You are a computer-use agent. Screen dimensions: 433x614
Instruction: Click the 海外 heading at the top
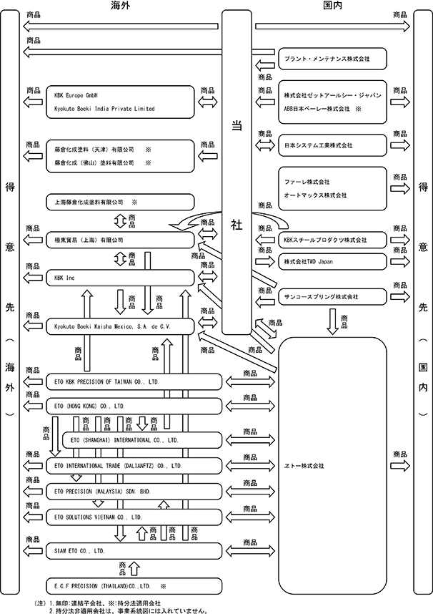[x=120, y=5]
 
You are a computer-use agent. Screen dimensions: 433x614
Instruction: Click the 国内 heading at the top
[x=333, y=5]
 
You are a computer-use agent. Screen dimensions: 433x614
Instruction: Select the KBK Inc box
[x=120, y=278]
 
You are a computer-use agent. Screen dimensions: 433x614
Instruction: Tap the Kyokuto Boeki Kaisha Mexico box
[x=120, y=326]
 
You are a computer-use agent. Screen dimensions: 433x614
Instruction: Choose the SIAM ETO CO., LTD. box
[x=134, y=551]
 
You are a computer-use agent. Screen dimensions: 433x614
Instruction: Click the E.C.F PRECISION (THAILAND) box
[x=134, y=586]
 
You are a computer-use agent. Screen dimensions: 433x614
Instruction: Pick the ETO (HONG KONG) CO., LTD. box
[x=134, y=406]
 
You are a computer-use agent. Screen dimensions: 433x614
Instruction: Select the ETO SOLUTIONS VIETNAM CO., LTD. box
[x=134, y=517]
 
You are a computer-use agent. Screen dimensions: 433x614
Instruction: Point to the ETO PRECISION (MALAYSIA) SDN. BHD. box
[x=134, y=492]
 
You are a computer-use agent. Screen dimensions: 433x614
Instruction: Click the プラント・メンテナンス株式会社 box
[x=332, y=59]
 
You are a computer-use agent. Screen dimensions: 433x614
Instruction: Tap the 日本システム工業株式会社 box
[x=332, y=145]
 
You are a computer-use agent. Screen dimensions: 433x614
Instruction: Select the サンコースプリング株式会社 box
[x=332, y=297]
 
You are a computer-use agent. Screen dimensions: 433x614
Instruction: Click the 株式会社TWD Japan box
[x=332, y=262]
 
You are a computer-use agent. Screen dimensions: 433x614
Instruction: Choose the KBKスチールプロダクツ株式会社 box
[x=332, y=240]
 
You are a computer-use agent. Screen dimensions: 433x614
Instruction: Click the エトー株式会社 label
[x=304, y=466]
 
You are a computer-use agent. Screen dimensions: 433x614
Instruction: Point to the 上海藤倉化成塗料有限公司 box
[x=120, y=202]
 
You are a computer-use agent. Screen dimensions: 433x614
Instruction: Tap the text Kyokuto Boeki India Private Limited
[x=104, y=109]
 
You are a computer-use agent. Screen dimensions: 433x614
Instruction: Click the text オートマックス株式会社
[x=315, y=195]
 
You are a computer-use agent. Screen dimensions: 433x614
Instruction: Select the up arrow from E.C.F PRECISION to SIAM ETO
[x=134, y=569]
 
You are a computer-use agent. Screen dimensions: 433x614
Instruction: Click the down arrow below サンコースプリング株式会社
[x=332, y=321]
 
